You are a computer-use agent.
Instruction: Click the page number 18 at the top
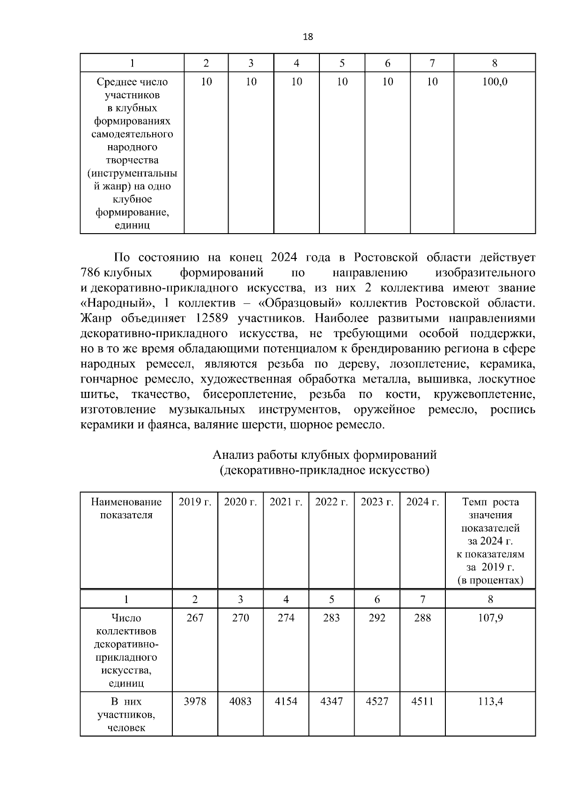click(308, 37)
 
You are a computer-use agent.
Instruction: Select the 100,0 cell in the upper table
click(495, 82)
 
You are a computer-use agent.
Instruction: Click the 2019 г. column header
click(195, 502)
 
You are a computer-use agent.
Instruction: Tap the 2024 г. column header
click(422, 502)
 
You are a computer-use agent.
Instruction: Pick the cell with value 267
click(195, 618)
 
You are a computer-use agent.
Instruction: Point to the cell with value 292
click(377, 618)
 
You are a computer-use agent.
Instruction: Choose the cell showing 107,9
click(490, 618)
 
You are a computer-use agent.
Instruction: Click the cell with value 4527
click(377, 701)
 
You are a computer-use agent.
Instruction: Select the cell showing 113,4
click(490, 701)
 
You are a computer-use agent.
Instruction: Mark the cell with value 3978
click(195, 701)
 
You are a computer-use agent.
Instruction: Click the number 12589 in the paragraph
click(209, 319)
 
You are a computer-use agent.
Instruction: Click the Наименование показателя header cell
click(126, 508)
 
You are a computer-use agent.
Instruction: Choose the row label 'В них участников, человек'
click(126, 714)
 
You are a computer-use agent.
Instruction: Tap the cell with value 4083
click(240, 701)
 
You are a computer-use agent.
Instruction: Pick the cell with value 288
click(422, 618)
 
